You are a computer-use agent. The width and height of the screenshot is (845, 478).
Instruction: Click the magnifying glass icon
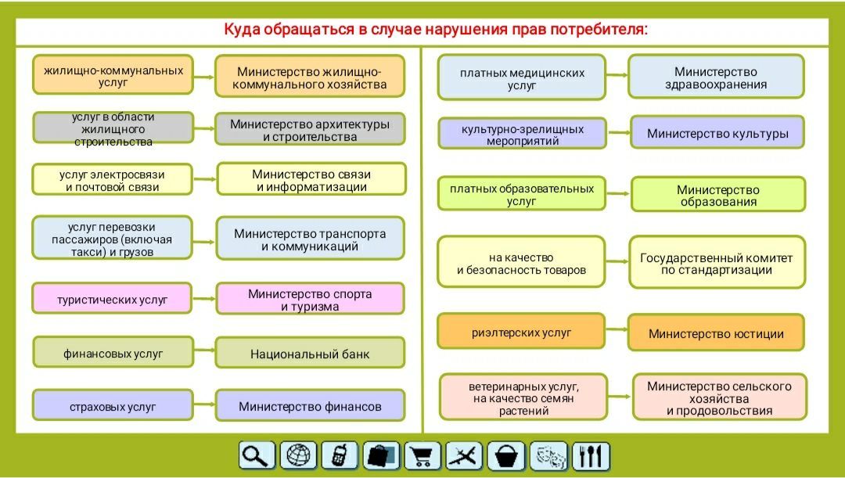coord(257,456)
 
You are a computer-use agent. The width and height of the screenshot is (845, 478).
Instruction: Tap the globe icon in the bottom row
coord(298,456)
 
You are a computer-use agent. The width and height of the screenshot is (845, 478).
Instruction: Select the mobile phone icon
coord(340,456)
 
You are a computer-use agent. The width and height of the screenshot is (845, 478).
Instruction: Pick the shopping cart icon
coord(422,456)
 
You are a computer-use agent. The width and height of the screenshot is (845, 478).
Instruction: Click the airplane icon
coord(464,456)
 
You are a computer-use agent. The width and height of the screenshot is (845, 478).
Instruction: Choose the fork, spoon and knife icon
coord(591,456)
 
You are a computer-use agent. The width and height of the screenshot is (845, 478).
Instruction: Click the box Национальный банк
coord(310,353)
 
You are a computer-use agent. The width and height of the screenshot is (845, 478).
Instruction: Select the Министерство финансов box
coord(310,405)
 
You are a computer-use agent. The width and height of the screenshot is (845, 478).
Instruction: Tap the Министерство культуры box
coord(717,132)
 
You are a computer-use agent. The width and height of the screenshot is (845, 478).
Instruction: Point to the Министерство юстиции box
coord(716,333)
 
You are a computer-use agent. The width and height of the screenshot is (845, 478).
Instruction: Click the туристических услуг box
coord(112,298)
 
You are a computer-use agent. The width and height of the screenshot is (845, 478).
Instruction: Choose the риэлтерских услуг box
coord(521,332)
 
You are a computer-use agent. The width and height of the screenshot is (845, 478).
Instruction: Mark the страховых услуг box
coord(113,405)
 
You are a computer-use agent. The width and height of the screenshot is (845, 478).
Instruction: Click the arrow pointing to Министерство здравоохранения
coord(617,75)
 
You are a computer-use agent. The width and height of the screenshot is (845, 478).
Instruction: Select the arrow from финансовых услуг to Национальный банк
coord(204,350)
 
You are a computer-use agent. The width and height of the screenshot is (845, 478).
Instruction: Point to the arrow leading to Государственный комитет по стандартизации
coord(617,261)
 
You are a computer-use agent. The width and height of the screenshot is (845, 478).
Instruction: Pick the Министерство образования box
coord(718,195)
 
